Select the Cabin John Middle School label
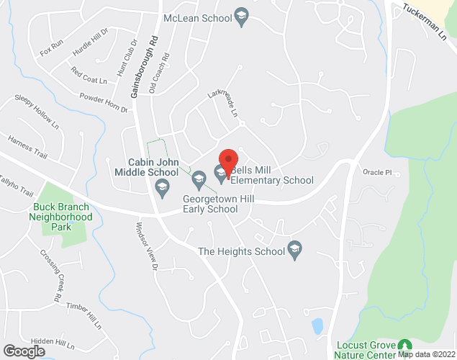146,167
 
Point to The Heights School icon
294,251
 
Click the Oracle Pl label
377,172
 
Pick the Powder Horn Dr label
103,103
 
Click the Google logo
23,351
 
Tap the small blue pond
317,326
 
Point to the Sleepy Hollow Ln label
37,112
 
